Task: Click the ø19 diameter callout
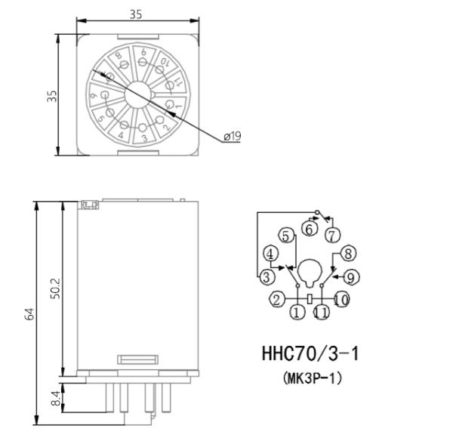[x=232, y=136]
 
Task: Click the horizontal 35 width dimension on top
[x=137, y=13]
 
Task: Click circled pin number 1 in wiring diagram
[x=297, y=311]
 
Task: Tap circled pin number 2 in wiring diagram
[x=277, y=300]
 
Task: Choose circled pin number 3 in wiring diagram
[x=266, y=277]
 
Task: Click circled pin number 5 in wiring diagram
[x=285, y=235]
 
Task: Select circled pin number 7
[x=334, y=234]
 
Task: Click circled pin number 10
[x=341, y=300]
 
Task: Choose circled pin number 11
[x=321, y=311]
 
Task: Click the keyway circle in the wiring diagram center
[x=310, y=270]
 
